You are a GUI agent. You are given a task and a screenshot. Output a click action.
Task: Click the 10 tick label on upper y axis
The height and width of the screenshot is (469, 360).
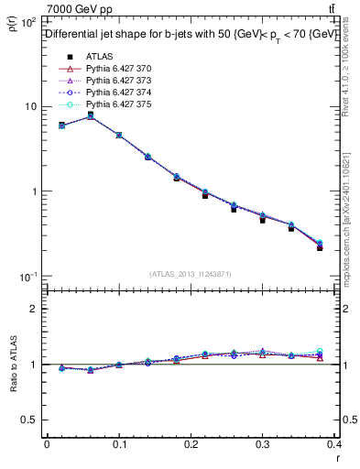[x=29, y=106]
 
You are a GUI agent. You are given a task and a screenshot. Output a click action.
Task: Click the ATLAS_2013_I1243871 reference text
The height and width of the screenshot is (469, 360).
[x=191, y=274]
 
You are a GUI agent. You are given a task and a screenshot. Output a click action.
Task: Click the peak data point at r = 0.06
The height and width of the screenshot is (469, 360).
[x=90, y=115]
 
